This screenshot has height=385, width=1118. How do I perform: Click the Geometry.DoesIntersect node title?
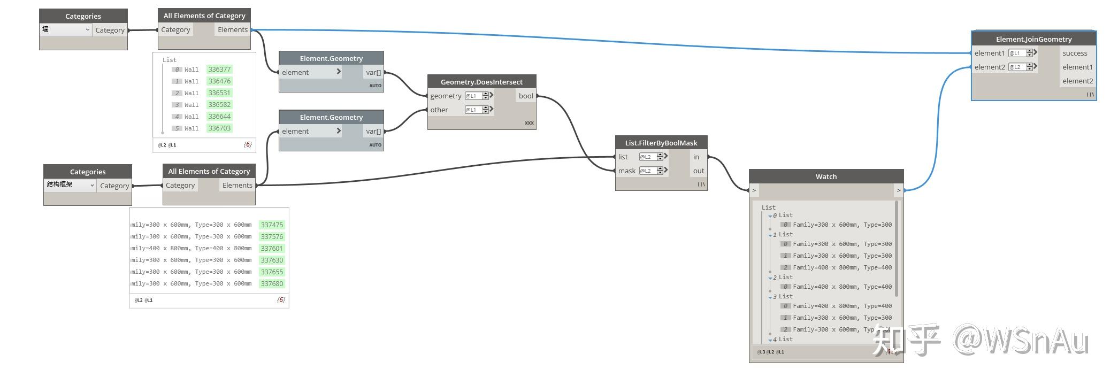pos(481,82)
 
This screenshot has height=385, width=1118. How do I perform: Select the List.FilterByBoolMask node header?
pos(661,143)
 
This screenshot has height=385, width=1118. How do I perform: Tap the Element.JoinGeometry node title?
pos(1033,39)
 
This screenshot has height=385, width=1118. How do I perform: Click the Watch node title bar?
pos(826,176)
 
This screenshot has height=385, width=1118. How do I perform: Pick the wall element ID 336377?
pos(219,70)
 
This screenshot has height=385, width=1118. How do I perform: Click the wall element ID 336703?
pos(219,128)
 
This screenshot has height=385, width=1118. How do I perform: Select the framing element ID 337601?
pos(272,249)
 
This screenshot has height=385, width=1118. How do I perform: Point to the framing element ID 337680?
pos(272,284)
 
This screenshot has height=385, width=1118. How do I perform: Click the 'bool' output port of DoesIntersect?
pos(526,96)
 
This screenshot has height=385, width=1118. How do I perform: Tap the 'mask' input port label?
pos(626,171)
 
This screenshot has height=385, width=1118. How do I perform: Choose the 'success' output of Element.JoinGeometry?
pos(1075,53)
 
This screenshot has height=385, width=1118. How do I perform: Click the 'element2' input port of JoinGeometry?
pos(989,67)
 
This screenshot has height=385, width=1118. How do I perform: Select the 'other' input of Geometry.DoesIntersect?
pos(439,110)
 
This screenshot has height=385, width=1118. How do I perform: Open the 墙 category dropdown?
pos(66,30)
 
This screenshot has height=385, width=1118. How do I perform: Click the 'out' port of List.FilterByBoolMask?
pos(698,171)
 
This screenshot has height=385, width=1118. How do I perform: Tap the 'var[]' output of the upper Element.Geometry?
pos(373,73)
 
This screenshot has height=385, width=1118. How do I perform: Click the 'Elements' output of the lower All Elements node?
pos(237,186)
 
